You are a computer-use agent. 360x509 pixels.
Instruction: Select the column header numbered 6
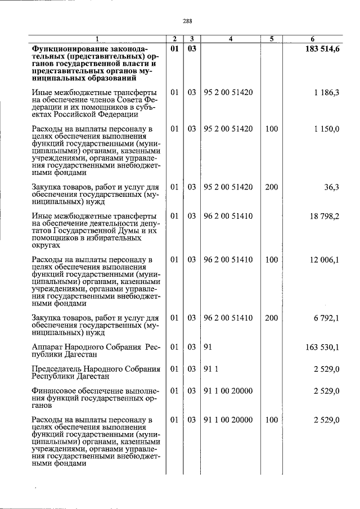tap(312, 39)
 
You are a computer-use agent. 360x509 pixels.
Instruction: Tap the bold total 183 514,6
tap(321, 49)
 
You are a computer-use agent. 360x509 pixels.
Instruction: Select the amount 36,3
tap(331, 187)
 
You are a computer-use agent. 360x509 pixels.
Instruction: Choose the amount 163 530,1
tap(322, 348)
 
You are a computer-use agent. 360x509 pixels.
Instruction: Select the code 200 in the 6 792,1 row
tap(272, 318)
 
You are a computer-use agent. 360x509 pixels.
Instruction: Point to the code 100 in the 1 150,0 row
tap(272, 129)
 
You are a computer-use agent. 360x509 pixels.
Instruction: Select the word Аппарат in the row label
tap(49, 348)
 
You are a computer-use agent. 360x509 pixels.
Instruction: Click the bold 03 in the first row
tap(192, 49)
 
